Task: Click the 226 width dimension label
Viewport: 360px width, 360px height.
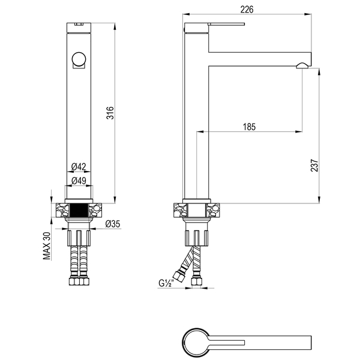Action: click(247, 10)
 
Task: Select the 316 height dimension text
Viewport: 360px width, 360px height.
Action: click(110, 113)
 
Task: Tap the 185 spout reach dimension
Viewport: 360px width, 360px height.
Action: click(249, 127)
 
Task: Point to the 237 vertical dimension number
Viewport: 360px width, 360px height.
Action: click(314, 166)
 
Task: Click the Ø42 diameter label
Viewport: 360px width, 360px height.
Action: click(79, 166)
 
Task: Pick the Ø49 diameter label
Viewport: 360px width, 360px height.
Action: click(79, 181)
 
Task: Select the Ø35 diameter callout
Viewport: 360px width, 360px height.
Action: click(113, 224)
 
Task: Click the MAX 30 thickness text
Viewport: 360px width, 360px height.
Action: click(47, 246)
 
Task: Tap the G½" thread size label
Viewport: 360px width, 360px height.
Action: click(166, 283)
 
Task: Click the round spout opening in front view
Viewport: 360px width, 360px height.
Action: click(79, 59)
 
